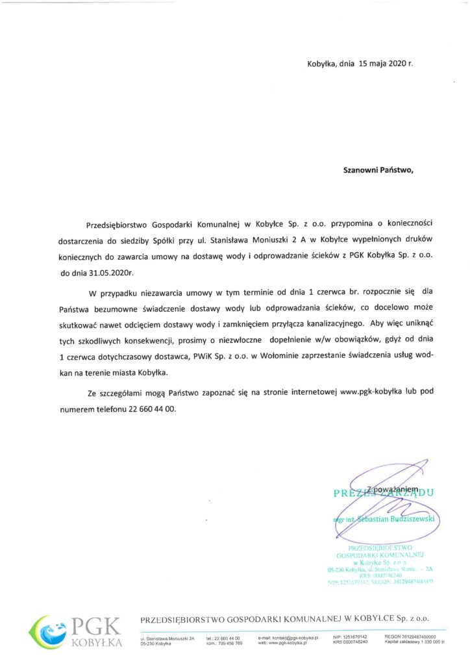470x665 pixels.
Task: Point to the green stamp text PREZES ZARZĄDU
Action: (x=383, y=493)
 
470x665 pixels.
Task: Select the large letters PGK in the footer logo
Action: (x=95, y=626)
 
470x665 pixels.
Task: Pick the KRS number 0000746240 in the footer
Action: (x=356, y=642)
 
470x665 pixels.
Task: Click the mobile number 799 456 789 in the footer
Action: (x=229, y=643)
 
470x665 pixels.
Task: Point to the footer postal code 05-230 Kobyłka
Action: (x=156, y=643)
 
